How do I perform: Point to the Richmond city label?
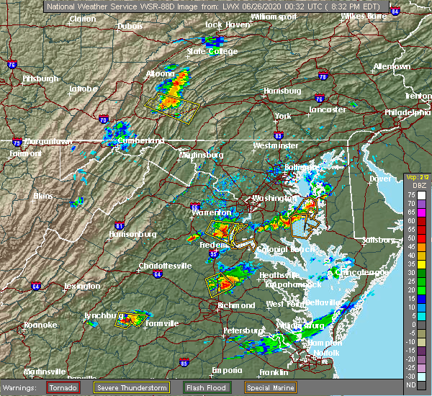click(237, 305)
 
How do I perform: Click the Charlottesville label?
click(166, 266)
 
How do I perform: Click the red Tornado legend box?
click(63, 387)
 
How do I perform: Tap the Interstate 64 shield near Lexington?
click(35, 286)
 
